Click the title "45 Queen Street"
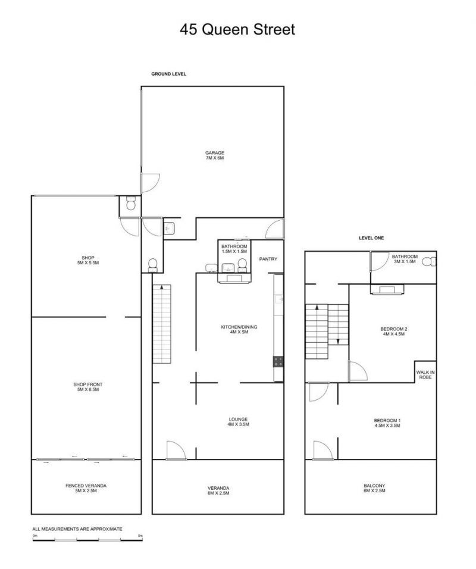pos(237,29)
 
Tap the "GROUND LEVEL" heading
pos(169,74)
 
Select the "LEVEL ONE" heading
pos(371,238)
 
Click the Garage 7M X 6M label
pos(215,155)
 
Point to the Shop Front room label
pos(88,387)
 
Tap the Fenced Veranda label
pos(86,488)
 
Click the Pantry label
pos(268,259)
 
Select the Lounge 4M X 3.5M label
pos(239,421)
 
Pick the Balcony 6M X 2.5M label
pos(374,488)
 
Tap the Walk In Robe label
pos(425,374)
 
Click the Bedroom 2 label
pos(394,332)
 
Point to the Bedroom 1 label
pos(387,423)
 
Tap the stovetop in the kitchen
pos(278,362)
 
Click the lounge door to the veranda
pos(176,451)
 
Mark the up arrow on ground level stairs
pos(161,287)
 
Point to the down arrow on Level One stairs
pos(338,342)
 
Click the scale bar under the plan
pos(87,540)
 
